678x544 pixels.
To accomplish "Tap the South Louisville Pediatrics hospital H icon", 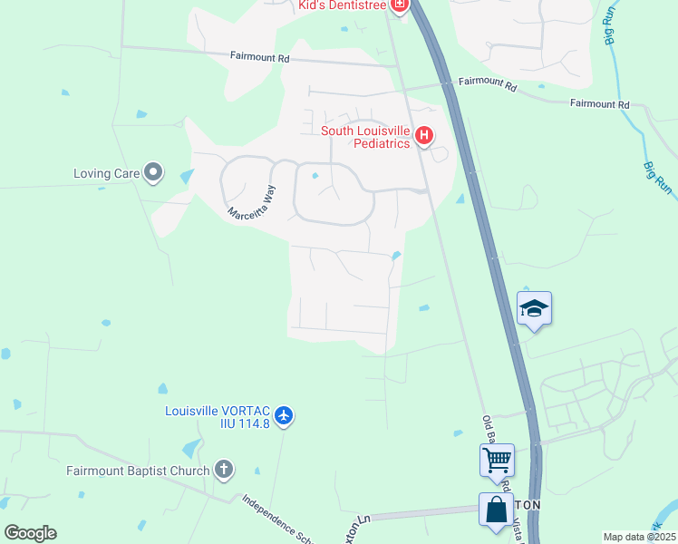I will click(424, 137).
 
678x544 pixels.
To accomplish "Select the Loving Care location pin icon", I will click(153, 171).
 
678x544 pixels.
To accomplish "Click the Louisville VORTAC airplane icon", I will click(285, 416).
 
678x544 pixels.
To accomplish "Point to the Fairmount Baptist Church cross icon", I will click(224, 470).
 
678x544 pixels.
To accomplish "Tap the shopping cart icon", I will click(497, 459).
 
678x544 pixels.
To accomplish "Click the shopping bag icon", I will click(497, 510).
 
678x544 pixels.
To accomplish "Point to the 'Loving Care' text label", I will click(107, 172).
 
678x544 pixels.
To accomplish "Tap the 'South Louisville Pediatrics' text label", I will click(366, 137).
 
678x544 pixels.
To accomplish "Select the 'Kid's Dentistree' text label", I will click(343, 6).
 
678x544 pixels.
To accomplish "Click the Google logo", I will click(30, 533).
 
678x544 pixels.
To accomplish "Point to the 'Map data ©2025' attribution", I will click(639, 537).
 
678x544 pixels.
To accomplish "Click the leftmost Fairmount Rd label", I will click(259, 57).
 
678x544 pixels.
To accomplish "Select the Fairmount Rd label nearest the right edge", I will click(599, 104).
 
